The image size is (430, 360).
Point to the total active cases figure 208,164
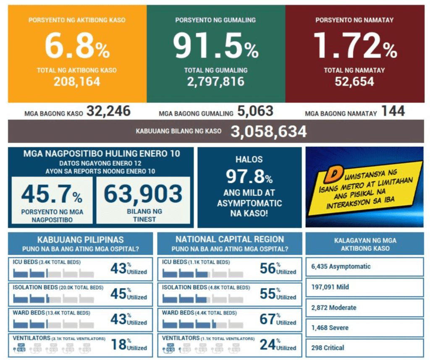point(77,81)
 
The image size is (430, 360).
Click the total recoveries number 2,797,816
point(216,81)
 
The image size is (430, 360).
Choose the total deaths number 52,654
point(354,81)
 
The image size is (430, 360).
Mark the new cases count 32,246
point(108,111)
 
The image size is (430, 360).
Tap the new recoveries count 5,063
point(255,111)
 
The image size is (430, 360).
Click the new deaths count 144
point(393,111)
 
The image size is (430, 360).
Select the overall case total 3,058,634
point(268,132)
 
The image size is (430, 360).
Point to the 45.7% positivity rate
point(52,194)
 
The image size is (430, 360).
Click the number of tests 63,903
point(143,194)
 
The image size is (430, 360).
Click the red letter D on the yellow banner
point(336,173)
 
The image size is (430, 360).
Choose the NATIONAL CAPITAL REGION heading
point(229,240)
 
